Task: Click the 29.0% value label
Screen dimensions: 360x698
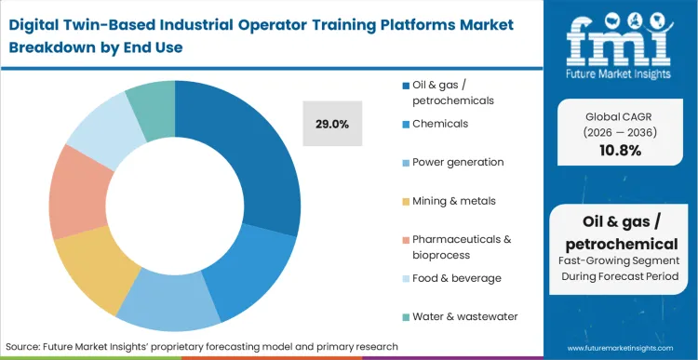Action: [331, 123]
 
